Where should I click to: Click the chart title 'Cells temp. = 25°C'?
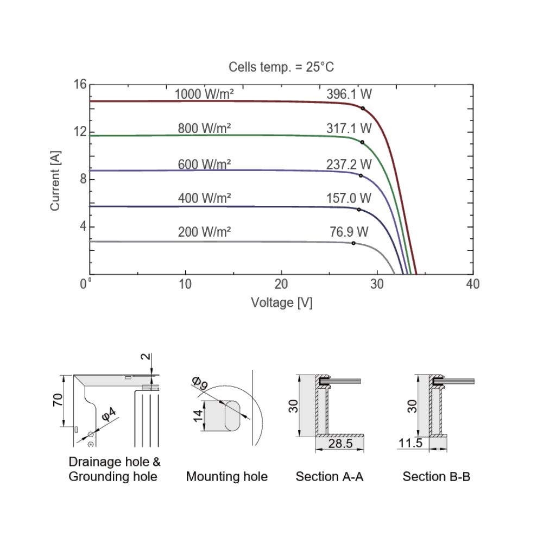(281, 67)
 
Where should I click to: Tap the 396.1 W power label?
(349, 94)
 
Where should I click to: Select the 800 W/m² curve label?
(204, 128)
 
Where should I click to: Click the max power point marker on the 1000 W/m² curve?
(363, 109)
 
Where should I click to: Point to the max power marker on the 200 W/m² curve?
(353, 243)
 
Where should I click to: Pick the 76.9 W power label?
(349, 232)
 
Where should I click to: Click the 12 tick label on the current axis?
(80, 131)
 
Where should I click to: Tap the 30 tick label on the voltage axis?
(377, 284)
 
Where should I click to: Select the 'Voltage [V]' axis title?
(281, 302)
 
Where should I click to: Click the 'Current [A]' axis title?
(55, 180)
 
